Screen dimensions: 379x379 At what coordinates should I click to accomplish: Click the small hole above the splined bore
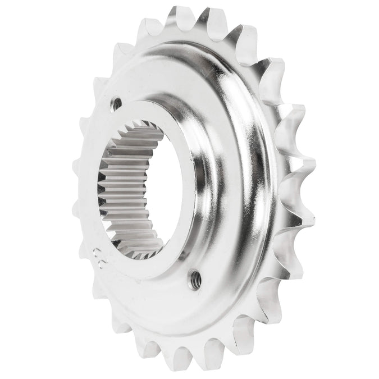pyautogui.click(x=117, y=103)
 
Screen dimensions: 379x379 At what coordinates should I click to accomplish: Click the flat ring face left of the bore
pyautogui.click(x=93, y=185)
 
